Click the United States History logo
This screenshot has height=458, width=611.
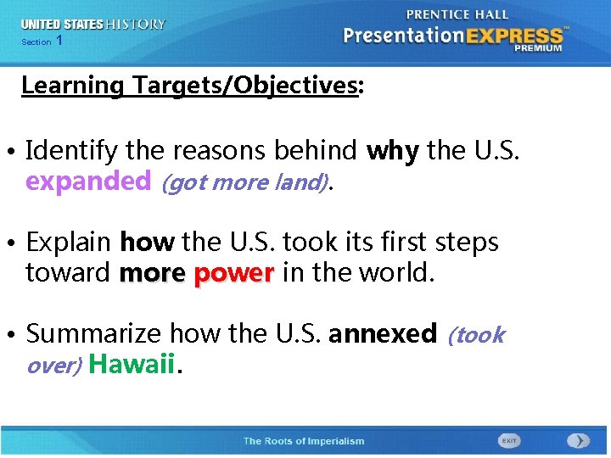(x=93, y=25)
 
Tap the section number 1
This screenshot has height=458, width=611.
(x=59, y=42)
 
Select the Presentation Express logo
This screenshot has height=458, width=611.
(x=453, y=36)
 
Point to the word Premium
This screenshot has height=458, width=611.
(x=537, y=48)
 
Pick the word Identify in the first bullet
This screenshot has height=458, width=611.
(x=72, y=151)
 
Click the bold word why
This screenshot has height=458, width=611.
(x=392, y=151)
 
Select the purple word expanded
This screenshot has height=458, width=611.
(x=87, y=182)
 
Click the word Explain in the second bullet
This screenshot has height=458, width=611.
(x=69, y=243)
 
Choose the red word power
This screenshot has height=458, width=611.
(x=233, y=273)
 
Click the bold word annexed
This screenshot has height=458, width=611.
(x=382, y=334)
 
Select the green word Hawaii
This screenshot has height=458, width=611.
(x=132, y=365)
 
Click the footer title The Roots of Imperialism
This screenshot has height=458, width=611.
(x=303, y=441)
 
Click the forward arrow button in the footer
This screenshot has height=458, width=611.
(x=577, y=441)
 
